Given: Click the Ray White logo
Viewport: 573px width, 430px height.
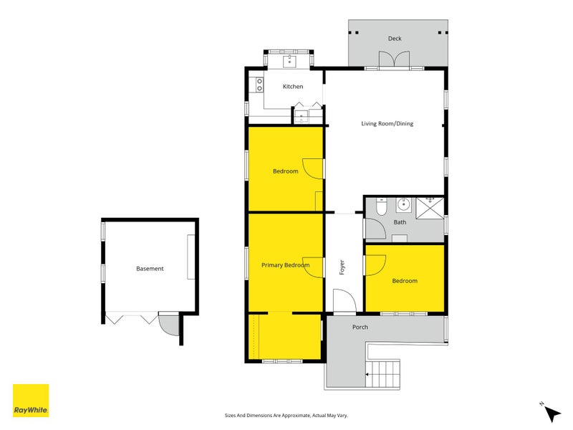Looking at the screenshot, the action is coord(31,401).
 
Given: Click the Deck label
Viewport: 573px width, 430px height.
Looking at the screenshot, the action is coord(395,39).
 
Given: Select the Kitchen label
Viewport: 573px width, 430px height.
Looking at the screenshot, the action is coord(293,87).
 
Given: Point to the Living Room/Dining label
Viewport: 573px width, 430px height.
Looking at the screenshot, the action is coord(387,123).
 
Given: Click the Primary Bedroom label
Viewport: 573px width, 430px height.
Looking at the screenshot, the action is coord(285,265).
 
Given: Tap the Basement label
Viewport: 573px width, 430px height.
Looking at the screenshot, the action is coord(150,268).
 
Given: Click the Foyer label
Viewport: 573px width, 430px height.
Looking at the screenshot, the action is coord(342,267).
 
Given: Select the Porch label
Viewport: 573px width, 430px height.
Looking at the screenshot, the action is coord(360,328).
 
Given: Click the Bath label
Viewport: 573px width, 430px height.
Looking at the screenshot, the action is coord(400,222).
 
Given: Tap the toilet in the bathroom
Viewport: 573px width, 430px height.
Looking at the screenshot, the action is coord(381,206).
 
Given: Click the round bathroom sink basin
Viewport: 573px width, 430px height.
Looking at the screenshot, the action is coord(403,205).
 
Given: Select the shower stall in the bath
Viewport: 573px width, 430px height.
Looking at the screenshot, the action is coord(430,208).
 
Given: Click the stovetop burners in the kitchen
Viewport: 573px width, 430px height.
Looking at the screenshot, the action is coord(259,85).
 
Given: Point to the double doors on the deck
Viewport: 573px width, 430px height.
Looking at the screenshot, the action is coord(394,59).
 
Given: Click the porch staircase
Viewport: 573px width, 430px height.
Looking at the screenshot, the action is coord(382,373).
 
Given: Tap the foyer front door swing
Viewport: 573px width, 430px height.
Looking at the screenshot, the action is coord(345,300).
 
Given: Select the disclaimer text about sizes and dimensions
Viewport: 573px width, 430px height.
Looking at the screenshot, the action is coord(286,416).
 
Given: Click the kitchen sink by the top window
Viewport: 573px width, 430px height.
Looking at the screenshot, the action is coord(290,62).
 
